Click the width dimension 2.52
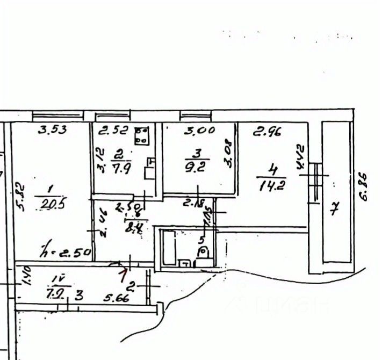tap(113, 129)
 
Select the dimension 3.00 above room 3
tap(199, 129)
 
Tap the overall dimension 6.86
tap(364, 186)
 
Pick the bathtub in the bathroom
tap(169, 248)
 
